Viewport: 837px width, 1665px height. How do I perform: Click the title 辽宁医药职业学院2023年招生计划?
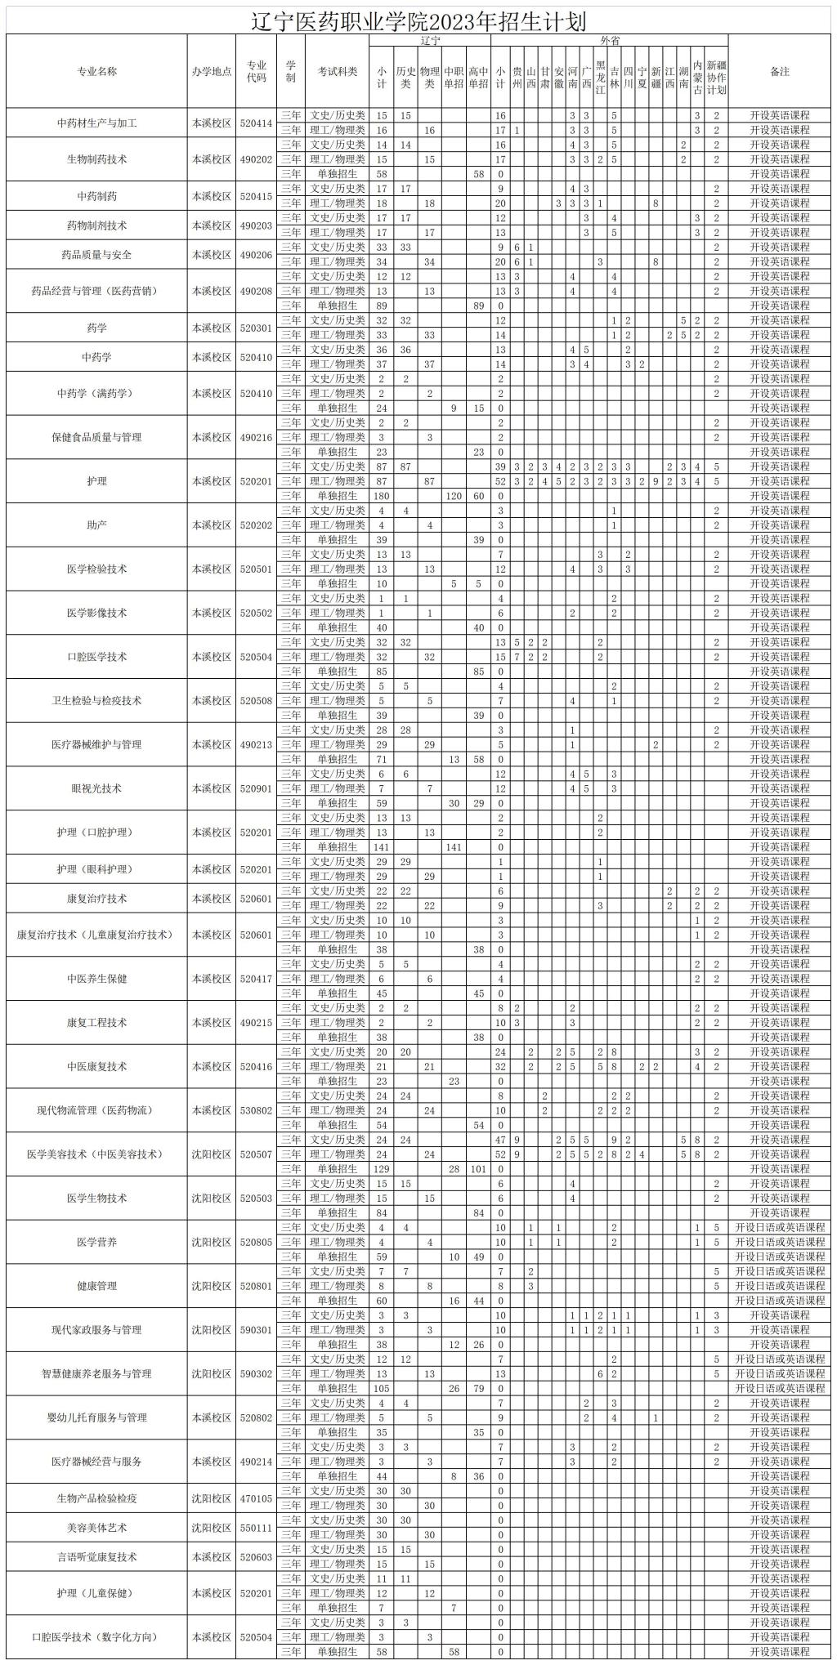coord(418,21)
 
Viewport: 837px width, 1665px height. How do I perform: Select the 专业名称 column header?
coord(96,72)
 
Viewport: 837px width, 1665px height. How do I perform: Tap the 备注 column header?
coord(779,72)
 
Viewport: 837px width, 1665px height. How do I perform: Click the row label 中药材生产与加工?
coord(96,123)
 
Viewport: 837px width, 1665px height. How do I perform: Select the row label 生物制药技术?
coord(96,159)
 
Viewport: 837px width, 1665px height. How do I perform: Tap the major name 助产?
coord(96,524)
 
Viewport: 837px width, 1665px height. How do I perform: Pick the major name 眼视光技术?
coord(96,788)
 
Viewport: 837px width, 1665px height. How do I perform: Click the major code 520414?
coord(257,123)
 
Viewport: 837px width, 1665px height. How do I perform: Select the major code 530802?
coord(257,1110)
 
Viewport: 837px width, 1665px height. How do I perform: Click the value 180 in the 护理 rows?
coord(381,496)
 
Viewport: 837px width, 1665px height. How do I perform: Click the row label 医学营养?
coord(96,1242)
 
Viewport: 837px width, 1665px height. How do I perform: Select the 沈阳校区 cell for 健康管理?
coord(212,1286)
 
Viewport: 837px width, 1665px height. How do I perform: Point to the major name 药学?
coord(96,328)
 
